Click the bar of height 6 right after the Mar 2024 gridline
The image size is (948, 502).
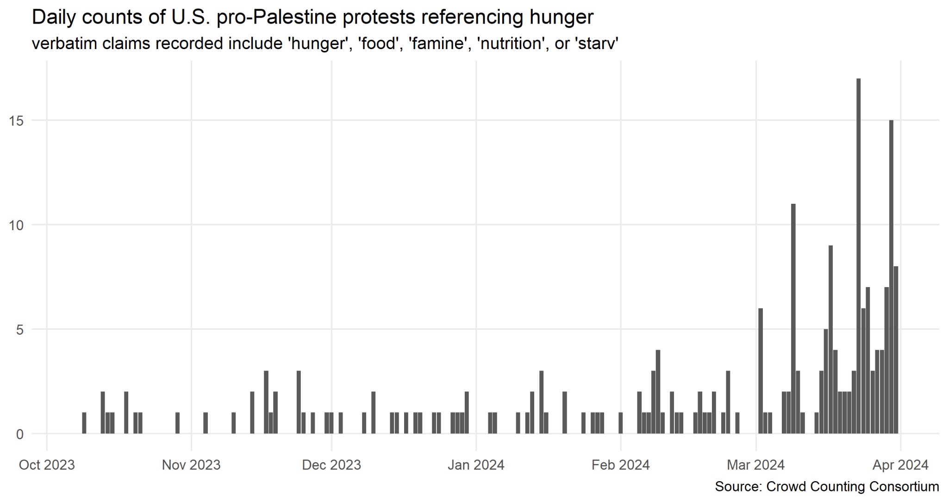click(760, 371)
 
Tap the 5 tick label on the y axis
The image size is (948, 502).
click(19, 330)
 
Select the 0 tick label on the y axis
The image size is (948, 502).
click(19, 434)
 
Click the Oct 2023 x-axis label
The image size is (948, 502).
click(46, 464)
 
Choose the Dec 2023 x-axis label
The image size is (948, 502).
click(331, 464)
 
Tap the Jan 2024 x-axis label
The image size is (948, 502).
click(476, 464)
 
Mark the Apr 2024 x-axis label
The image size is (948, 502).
click(900, 464)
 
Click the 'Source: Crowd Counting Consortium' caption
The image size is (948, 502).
click(827, 487)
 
